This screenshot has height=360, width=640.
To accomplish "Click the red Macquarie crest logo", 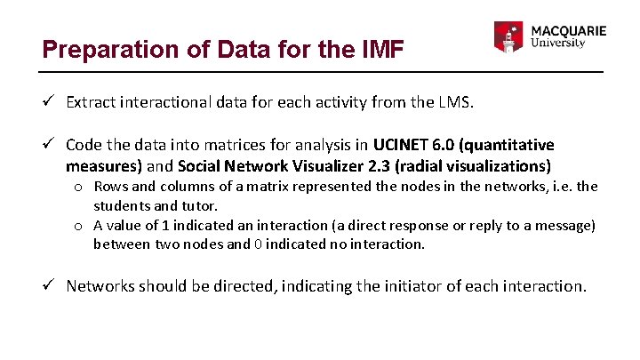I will pyautogui.click(x=508, y=37).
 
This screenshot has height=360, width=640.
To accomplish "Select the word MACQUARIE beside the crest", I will pyautogui.click(x=568, y=30).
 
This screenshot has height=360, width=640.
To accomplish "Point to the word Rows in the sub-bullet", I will pyautogui.click(x=110, y=187).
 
